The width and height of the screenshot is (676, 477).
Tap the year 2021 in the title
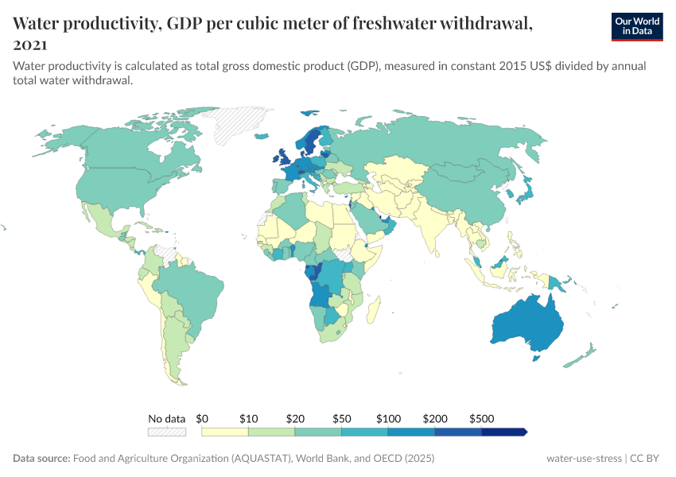pyautogui.click(x=30, y=45)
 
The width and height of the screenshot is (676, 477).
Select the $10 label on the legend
pyautogui.click(x=249, y=418)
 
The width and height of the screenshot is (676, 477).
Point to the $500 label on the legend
pyautogui.click(x=482, y=418)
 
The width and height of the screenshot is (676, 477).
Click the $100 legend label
pyautogui.click(x=389, y=418)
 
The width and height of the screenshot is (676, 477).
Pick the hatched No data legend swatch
pyautogui.click(x=167, y=432)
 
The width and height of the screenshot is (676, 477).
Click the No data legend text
pyautogui.click(x=167, y=418)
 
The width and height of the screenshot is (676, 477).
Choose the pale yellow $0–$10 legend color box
pyautogui.click(x=225, y=432)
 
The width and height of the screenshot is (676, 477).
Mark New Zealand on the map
pyautogui.click(x=585, y=354)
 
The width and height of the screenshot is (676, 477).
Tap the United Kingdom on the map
pyautogui.click(x=282, y=156)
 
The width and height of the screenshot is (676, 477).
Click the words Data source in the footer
pyautogui.click(x=41, y=459)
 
